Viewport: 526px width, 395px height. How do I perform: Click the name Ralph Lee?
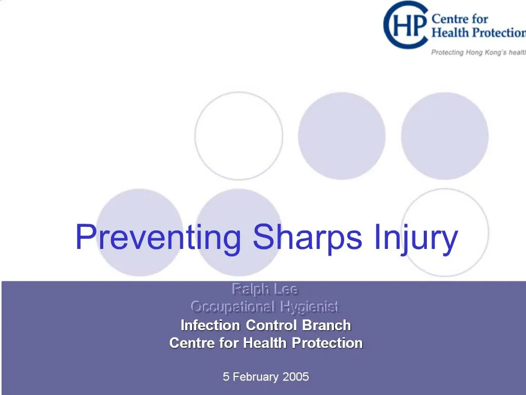(x=265, y=289)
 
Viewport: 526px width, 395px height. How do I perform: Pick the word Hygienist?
(x=310, y=307)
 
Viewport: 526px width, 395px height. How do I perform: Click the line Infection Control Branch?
(x=266, y=325)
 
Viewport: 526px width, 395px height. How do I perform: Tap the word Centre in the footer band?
(x=192, y=343)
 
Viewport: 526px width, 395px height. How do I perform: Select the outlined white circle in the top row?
(x=239, y=136)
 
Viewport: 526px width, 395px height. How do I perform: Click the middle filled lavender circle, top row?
(x=342, y=136)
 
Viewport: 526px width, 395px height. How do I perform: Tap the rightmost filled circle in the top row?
(x=445, y=136)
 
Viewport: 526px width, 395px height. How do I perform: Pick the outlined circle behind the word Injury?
(x=445, y=216)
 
